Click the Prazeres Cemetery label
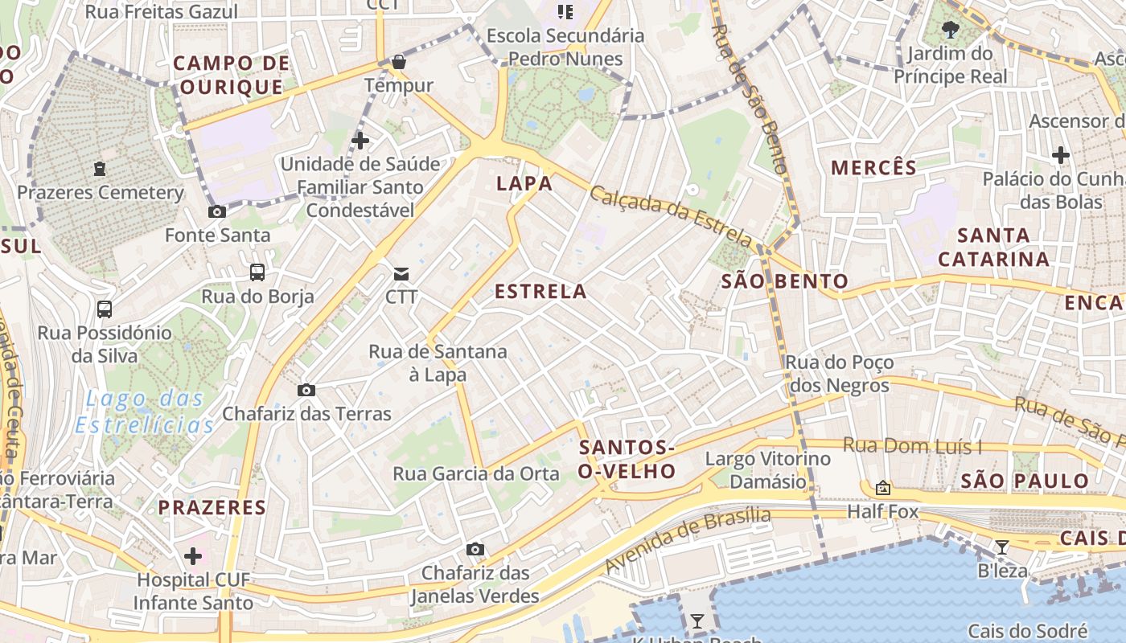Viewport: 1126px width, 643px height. point(101,193)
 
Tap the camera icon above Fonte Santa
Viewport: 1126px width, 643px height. point(217,212)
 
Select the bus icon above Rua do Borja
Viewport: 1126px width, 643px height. point(257,272)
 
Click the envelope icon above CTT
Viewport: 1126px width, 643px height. point(401,274)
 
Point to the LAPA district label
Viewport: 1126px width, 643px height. point(524,183)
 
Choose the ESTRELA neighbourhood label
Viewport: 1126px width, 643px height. point(540,291)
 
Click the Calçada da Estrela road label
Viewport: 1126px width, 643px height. point(671,216)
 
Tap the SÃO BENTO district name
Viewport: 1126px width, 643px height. point(784,281)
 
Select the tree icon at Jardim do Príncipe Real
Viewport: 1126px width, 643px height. point(950,31)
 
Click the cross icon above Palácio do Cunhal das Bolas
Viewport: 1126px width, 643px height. point(1061,155)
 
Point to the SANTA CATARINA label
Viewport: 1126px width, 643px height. point(994,247)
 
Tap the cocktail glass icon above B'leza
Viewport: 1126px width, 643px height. point(1001,548)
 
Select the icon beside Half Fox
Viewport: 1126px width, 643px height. point(883,487)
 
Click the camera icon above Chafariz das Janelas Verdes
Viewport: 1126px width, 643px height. point(475,550)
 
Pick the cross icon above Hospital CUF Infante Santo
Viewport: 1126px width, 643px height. point(193,555)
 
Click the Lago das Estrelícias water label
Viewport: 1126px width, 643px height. point(145,412)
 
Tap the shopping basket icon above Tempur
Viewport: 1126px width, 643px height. point(398,62)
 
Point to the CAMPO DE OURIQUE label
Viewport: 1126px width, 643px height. point(231,75)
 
